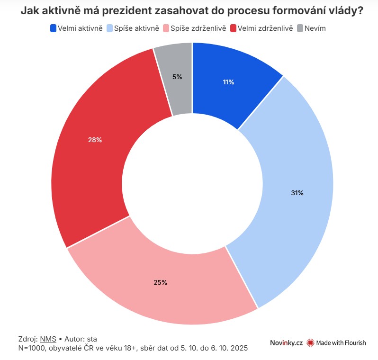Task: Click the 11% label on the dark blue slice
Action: (228, 82)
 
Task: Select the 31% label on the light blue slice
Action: (297, 193)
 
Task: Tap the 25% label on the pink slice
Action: (160, 282)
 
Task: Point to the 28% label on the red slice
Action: (95, 140)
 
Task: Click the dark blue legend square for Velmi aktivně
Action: (53, 28)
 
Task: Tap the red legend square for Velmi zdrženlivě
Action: (233, 28)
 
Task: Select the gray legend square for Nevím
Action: (300, 28)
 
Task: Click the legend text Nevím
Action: (315, 28)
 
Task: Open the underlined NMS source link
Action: (48, 339)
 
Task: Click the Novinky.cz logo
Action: (286, 342)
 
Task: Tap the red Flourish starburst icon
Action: (310, 342)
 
